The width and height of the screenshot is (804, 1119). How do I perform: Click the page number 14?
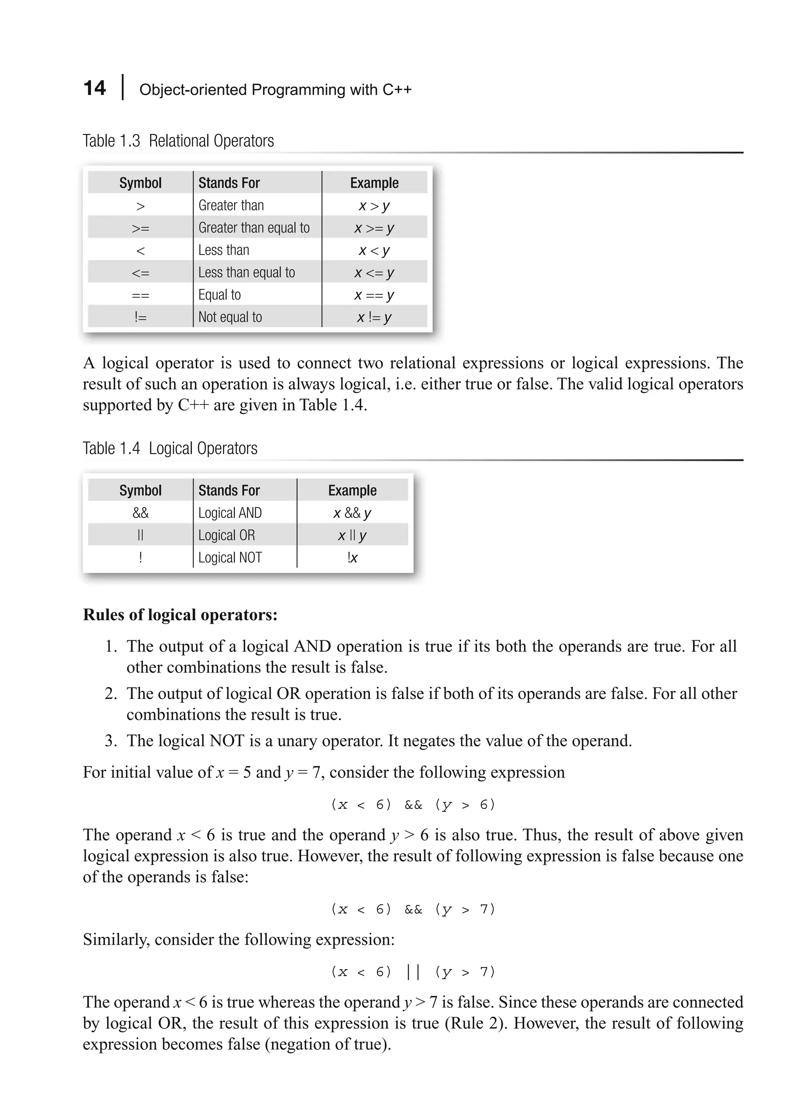94,88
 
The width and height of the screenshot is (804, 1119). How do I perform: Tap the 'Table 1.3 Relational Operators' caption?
178,141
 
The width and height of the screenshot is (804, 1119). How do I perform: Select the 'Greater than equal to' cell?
254,228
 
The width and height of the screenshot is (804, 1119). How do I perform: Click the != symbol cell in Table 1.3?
141,317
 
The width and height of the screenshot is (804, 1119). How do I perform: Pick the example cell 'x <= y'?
374,273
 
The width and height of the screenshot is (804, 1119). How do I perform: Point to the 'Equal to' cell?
219,295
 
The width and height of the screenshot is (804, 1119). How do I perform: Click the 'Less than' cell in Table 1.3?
223,250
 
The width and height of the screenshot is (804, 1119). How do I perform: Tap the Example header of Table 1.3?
374,183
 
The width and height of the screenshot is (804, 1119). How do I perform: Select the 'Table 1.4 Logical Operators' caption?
170,448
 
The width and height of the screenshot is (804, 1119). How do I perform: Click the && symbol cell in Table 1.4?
141,513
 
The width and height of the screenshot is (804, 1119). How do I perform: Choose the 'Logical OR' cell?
227,535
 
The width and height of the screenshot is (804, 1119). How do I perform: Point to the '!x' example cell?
352,558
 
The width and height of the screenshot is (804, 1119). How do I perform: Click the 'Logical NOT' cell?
230,558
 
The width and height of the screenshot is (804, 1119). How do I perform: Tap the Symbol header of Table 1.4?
141,490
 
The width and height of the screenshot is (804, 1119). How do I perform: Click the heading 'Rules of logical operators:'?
180,615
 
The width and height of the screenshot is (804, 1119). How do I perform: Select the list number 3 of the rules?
110,741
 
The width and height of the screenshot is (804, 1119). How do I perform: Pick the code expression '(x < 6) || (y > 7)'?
413,973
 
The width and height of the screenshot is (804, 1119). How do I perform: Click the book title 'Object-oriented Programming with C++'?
275,90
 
